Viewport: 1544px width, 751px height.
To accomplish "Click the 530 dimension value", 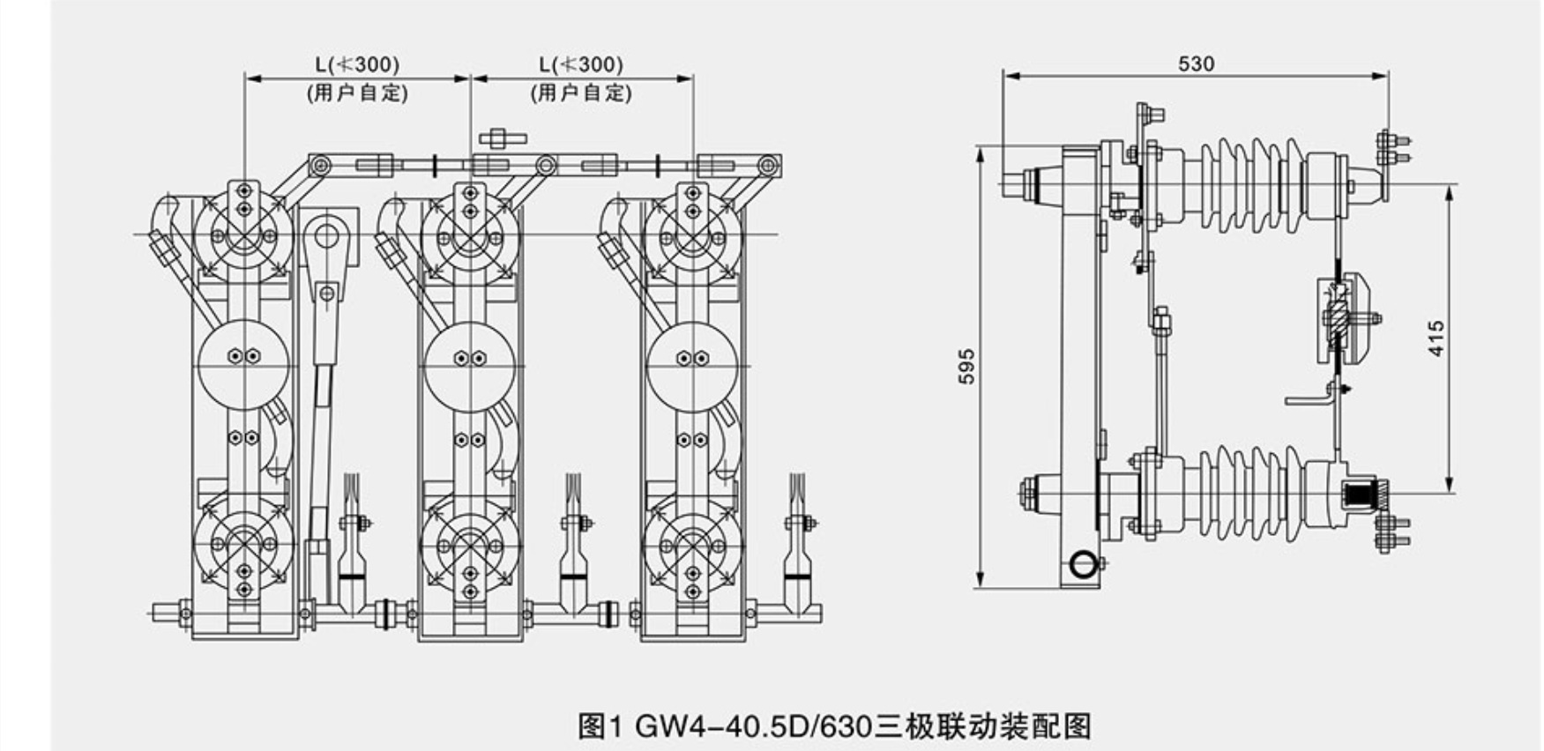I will click(x=1196, y=63).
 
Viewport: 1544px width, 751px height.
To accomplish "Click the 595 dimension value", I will click(x=967, y=367).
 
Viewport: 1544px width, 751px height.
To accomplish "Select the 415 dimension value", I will click(x=1436, y=338).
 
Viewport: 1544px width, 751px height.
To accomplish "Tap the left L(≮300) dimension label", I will click(x=357, y=64).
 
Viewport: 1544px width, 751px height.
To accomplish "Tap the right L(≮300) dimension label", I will click(x=580, y=64).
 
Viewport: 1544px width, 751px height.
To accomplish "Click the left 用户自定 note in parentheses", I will click(x=357, y=93).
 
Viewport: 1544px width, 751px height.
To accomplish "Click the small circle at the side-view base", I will click(x=1083, y=563).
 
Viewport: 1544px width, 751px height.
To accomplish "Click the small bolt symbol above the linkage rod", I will click(x=502, y=138).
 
